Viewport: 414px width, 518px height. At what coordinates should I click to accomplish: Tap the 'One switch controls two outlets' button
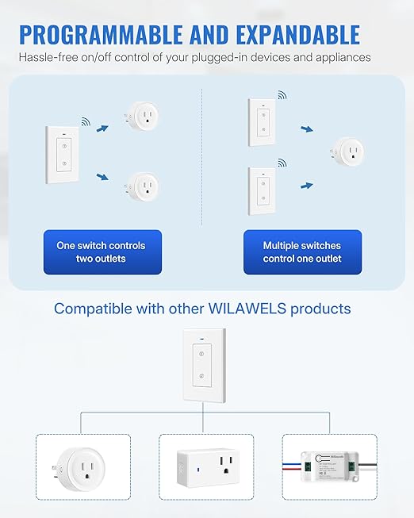point(102,252)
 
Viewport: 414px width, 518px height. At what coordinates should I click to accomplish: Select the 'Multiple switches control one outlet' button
point(302,252)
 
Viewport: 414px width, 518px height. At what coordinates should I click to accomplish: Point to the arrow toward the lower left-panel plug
point(102,178)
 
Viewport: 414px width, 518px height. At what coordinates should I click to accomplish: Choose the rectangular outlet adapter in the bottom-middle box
point(206,470)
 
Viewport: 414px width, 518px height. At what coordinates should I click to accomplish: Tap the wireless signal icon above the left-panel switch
point(85,122)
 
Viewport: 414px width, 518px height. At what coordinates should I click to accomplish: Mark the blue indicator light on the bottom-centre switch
point(203,344)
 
